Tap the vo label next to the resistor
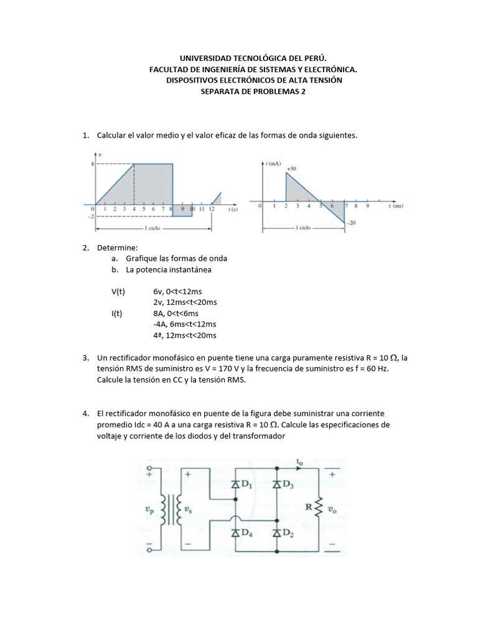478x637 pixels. (334, 509)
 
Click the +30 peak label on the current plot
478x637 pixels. (291, 169)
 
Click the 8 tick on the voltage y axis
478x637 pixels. (91, 164)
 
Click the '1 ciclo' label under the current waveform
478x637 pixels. (303, 228)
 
